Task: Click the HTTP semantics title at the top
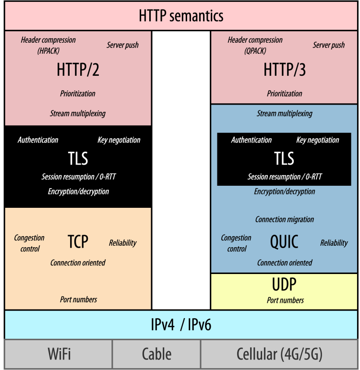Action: (x=181, y=16)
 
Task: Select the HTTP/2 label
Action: (x=78, y=70)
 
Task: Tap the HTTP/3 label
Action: (x=285, y=70)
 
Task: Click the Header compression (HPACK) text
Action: (x=48, y=45)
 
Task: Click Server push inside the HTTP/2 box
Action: (x=122, y=45)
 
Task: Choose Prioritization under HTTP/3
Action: (x=285, y=94)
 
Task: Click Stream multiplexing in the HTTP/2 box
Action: (x=78, y=114)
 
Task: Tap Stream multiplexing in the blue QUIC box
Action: (x=285, y=114)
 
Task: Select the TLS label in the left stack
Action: (x=78, y=158)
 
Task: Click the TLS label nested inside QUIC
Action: (x=284, y=158)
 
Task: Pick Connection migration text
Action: (x=285, y=219)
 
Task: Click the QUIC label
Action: (x=284, y=242)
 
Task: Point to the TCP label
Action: (x=78, y=241)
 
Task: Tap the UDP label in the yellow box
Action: (x=284, y=285)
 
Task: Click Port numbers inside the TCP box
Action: (x=78, y=299)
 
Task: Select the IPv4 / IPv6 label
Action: (x=181, y=325)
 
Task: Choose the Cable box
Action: (x=156, y=355)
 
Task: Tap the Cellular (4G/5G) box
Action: (x=279, y=355)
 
